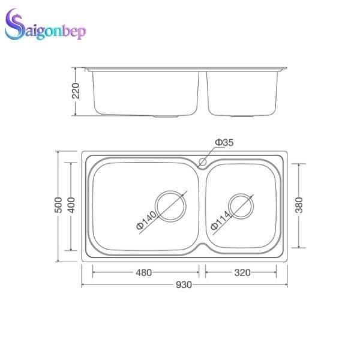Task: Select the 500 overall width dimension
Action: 58,206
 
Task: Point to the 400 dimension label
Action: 71,206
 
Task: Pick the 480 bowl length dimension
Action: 143,272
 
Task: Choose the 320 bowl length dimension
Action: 242,272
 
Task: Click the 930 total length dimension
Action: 184,284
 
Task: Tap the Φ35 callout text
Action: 224,142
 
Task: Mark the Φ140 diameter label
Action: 146,221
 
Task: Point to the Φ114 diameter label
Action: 220,221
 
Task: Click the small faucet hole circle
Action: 203,161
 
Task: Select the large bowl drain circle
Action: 170,206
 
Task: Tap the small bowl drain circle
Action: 241,206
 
